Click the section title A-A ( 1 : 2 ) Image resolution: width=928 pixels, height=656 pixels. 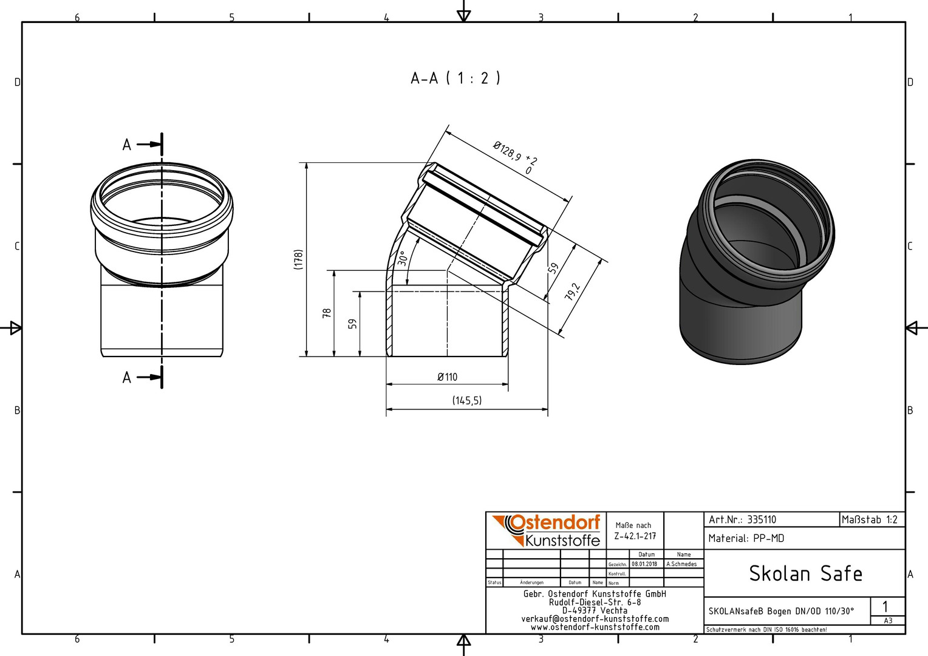click(x=455, y=78)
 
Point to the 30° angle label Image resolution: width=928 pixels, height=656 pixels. click(x=402, y=259)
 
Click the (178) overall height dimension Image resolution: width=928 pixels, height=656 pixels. click(x=298, y=259)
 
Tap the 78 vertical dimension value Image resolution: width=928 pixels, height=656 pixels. click(x=327, y=313)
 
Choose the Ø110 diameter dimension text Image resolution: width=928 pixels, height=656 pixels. click(x=448, y=377)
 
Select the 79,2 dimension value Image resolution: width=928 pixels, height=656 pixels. click(x=573, y=292)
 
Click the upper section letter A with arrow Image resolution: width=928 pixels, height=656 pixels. click(x=127, y=145)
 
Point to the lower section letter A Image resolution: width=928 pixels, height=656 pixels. click(x=127, y=378)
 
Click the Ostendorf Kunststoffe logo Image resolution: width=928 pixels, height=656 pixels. click(x=547, y=531)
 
